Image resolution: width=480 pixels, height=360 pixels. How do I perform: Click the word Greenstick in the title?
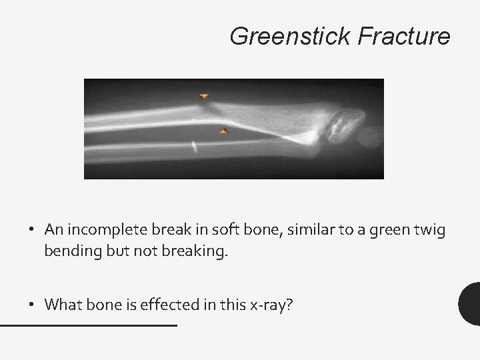[291, 36]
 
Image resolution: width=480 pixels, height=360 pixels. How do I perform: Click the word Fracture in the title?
[404, 36]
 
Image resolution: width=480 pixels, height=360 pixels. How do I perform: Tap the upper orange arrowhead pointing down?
[203, 97]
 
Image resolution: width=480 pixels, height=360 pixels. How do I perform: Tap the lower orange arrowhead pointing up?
[225, 131]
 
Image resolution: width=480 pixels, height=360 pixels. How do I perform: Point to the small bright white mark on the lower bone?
[193, 145]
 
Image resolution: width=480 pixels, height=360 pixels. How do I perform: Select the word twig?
[430, 230]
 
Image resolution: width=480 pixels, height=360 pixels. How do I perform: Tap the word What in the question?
[61, 305]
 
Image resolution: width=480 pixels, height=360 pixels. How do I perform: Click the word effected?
[162, 305]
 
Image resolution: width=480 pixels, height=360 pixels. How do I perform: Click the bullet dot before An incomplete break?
[31, 231]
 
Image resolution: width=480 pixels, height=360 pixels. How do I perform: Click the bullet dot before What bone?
[31, 305]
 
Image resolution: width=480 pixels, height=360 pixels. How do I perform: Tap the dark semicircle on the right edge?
[471, 304]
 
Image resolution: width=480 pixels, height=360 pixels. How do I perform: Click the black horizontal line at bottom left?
[88, 325]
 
